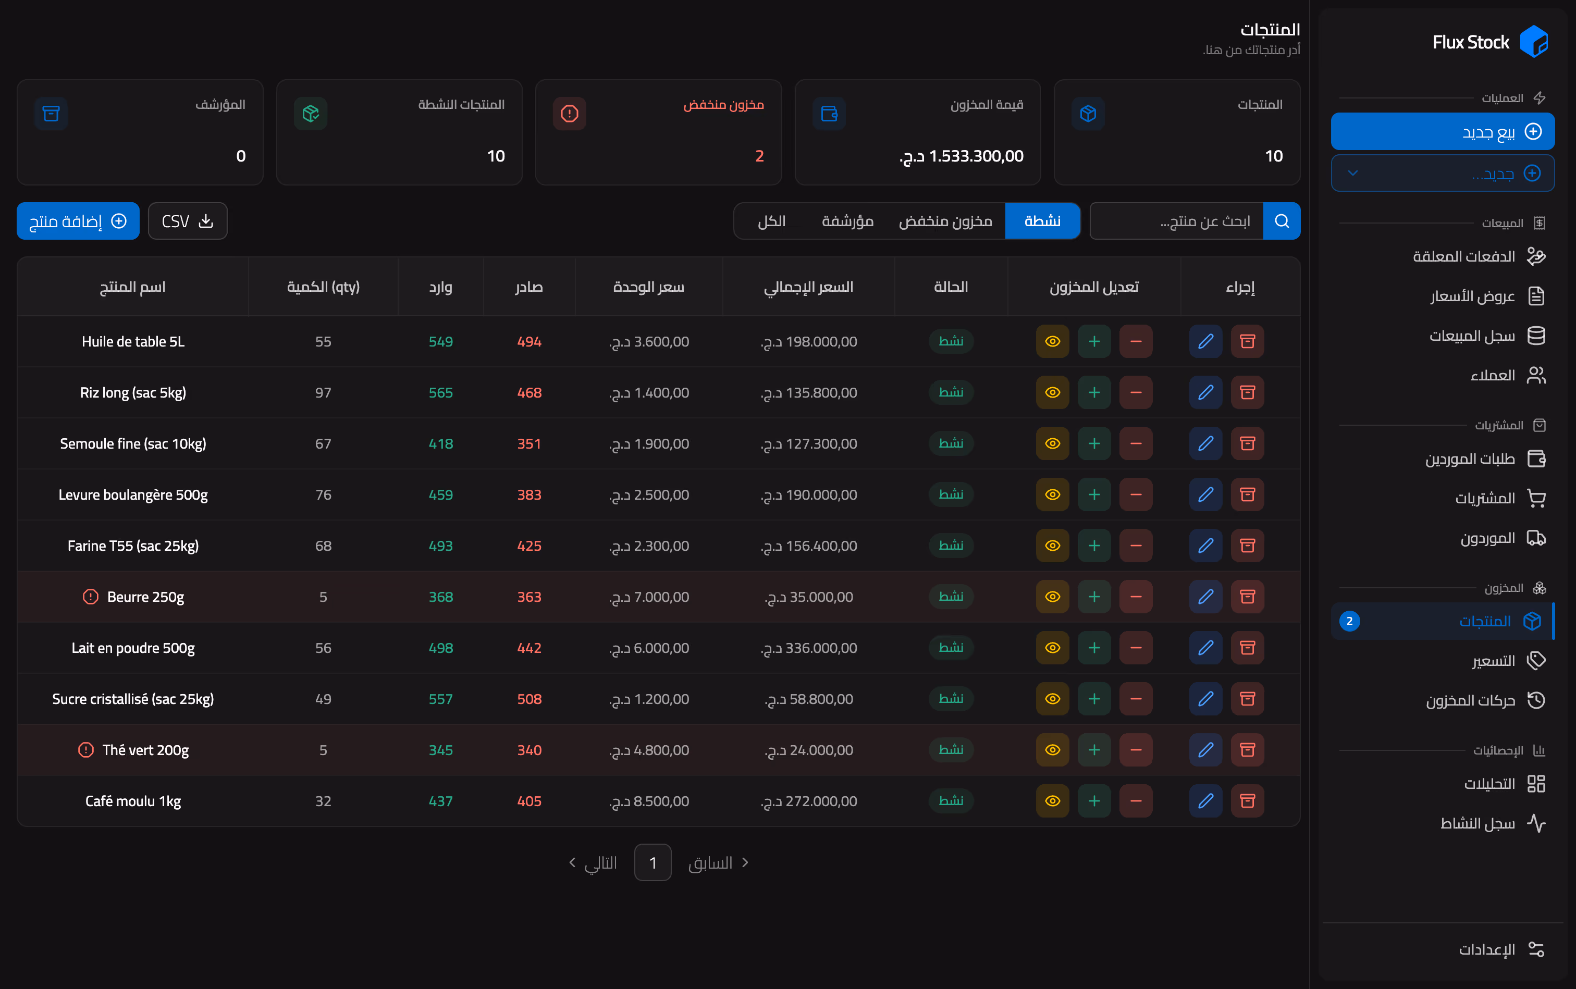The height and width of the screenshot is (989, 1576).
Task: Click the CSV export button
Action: [188, 221]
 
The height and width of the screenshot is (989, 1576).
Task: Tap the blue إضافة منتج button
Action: [78, 221]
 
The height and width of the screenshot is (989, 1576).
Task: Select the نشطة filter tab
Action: [1042, 221]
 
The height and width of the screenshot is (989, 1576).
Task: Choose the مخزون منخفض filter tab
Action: [945, 221]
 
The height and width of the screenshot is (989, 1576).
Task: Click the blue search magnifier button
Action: [1282, 221]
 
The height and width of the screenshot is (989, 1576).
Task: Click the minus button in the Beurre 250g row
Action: [1136, 597]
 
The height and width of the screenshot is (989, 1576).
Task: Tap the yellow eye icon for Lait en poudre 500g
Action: [1053, 648]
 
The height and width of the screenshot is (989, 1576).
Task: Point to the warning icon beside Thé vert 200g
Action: [85, 750]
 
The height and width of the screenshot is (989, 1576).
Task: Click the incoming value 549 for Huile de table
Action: [441, 341]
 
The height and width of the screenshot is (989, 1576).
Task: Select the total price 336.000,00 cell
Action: [809, 648]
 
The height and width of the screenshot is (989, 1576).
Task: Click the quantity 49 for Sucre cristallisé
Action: [323, 699]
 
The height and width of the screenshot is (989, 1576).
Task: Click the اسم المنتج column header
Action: [133, 287]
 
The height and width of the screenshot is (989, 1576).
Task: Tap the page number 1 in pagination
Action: [653, 863]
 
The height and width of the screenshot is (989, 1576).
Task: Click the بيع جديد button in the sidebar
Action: [1443, 131]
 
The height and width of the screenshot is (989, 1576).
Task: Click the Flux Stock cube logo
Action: [1533, 42]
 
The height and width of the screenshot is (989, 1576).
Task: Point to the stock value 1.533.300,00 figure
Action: [962, 156]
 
